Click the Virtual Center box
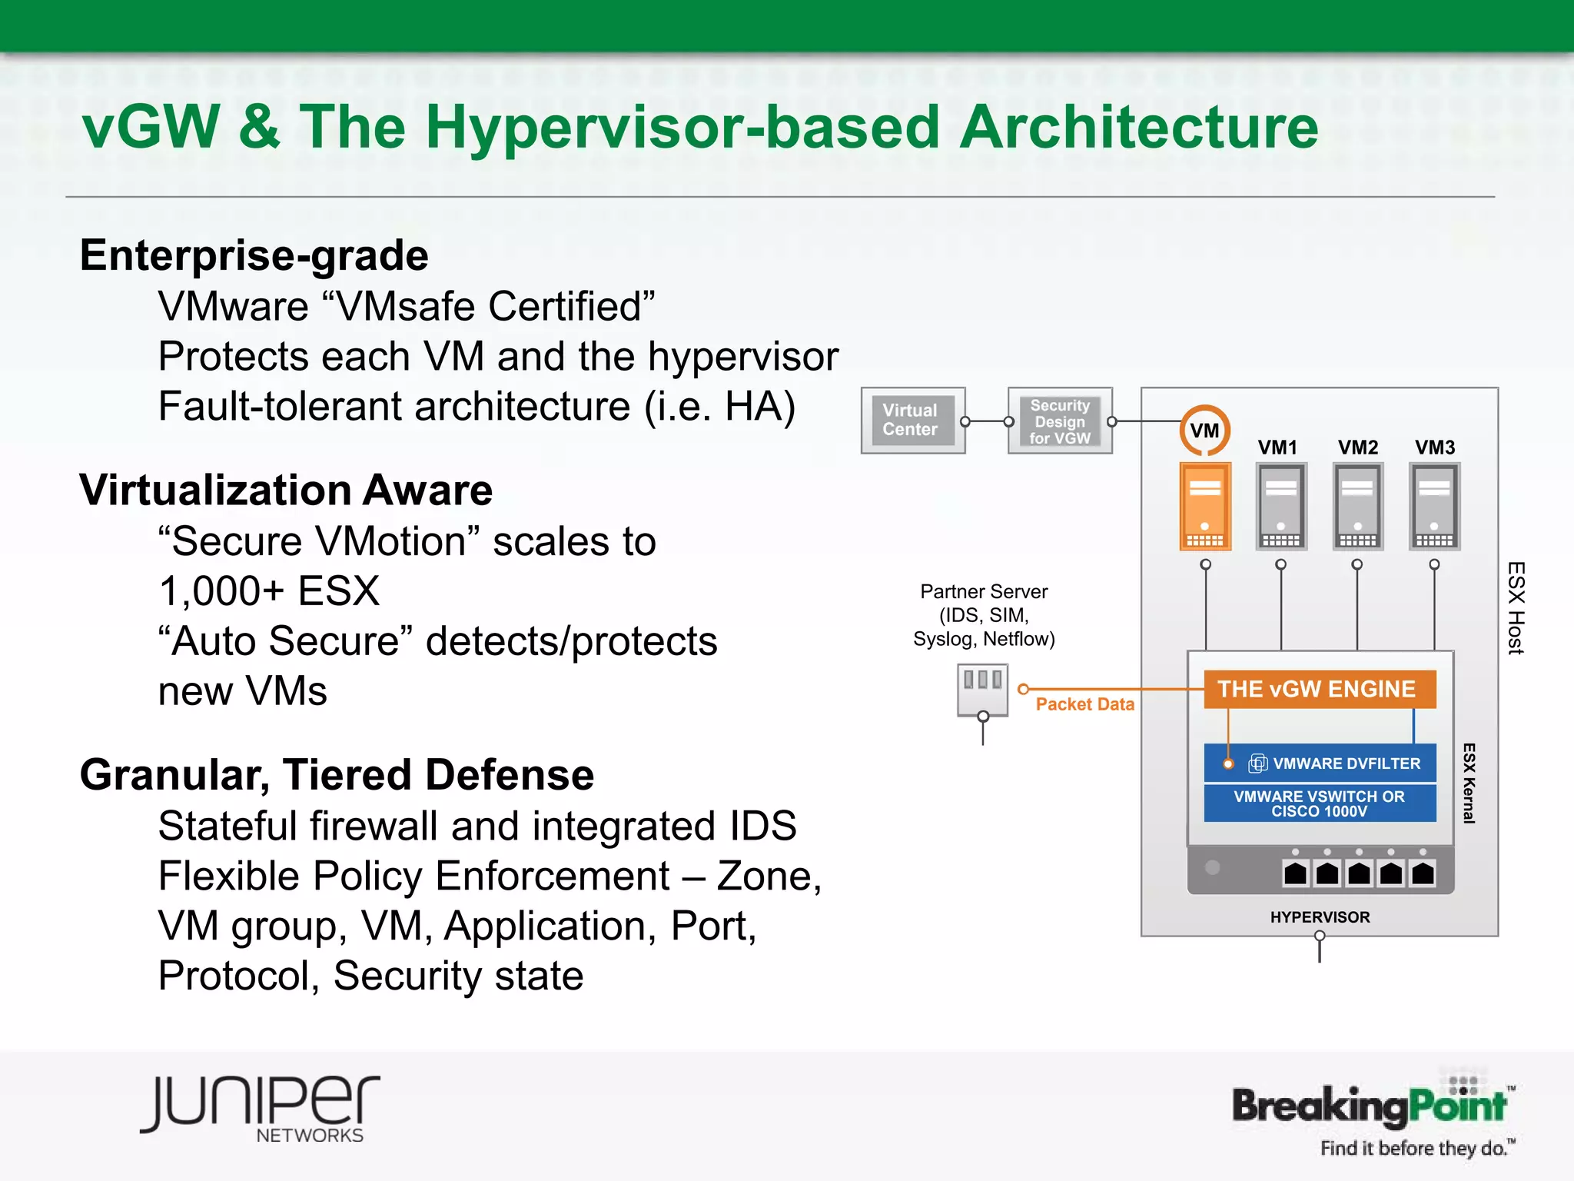pyautogui.click(x=912, y=421)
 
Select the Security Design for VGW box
pyautogui.click(x=1060, y=421)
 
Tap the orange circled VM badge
pyautogui.click(x=1204, y=431)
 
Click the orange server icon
pyautogui.click(x=1205, y=506)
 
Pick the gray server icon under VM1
pyautogui.click(x=1280, y=506)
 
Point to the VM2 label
pyautogui.click(x=1357, y=447)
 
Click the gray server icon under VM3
pyautogui.click(x=1434, y=506)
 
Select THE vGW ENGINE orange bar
pyautogui.click(x=1319, y=689)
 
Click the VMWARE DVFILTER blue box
pyautogui.click(x=1320, y=763)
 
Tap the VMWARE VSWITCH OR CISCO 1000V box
pyautogui.click(x=1320, y=803)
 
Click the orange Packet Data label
pyautogui.click(x=1084, y=704)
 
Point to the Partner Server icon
pyautogui.click(x=982, y=690)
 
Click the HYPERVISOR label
pyautogui.click(x=1320, y=917)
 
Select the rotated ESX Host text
pyautogui.click(x=1515, y=608)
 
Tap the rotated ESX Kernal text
pyautogui.click(x=1469, y=783)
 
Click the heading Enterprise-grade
pyautogui.click(x=254, y=255)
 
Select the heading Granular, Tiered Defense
pyautogui.click(x=337, y=774)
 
